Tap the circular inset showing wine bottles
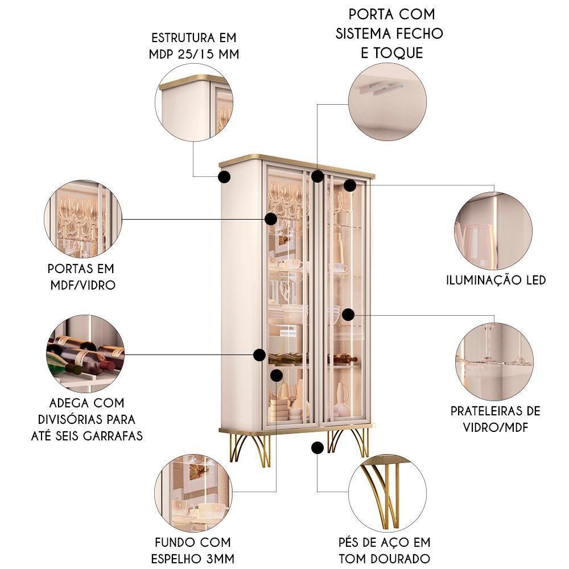click(85, 354)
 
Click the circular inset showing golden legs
click(387, 493)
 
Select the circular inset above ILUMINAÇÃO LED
click(493, 231)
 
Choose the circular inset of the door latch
click(387, 102)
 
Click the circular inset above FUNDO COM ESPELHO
click(193, 493)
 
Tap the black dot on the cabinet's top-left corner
click(224, 177)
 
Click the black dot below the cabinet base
click(317, 448)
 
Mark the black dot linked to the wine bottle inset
click(259, 355)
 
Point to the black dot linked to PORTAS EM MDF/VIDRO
click(271, 219)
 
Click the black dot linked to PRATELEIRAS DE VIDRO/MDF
click(348, 315)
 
